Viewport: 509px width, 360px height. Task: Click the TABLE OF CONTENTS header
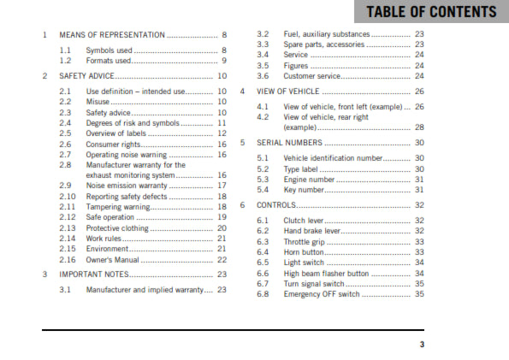pyautogui.click(x=429, y=12)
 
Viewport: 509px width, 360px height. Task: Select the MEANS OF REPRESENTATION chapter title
pyautogui.click(x=111, y=35)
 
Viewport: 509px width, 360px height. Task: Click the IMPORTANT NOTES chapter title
pyautogui.click(x=94, y=274)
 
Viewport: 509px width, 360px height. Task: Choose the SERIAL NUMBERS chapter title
pyautogui.click(x=291, y=143)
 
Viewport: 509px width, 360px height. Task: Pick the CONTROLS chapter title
pyautogui.click(x=276, y=205)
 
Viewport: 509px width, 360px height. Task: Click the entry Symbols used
pyautogui.click(x=109, y=51)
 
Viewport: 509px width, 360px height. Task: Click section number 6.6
pyautogui.click(x=263, y=273)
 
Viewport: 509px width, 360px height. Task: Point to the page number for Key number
pyautogui.click(x=419, y=190)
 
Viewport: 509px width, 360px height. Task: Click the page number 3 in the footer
pyautogui.click(x=421, y=345)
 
